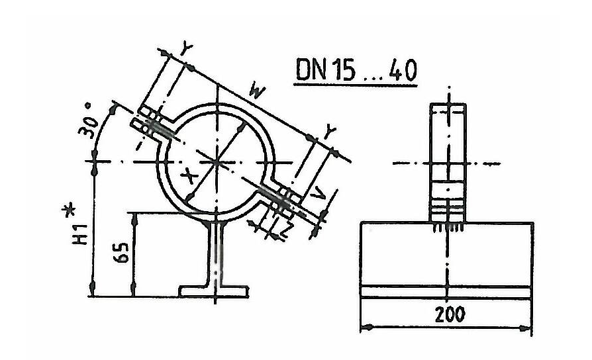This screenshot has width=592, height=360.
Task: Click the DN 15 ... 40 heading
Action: pyautogui.click(x=356, y=69)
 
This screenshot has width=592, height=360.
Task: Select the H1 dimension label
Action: pyautogui.click(x=80, y=234)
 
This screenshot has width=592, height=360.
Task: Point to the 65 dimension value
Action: pyautogui.click(x=121, y=252)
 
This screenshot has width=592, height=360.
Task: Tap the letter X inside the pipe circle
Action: pyautogui.click(x=188, y=175)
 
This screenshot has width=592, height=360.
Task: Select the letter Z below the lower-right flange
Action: pyautogui.click(x=287, y=229)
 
